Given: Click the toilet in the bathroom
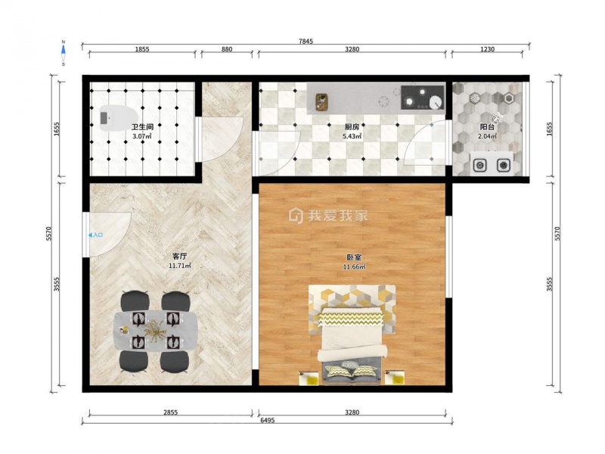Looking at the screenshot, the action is click(x=119, y=117).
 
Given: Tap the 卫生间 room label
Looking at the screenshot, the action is click(x=142, y=127).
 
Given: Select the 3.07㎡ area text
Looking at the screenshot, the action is click(x=142, y=136).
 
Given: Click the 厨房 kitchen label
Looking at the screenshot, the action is click(x=352, y=127).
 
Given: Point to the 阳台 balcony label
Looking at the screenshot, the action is click(x=487, y=127).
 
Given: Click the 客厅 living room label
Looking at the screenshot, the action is click(x=180, y=257).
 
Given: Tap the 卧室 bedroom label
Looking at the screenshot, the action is click(x=354, y=257).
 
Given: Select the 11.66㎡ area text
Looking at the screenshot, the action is click(x=354, y=267).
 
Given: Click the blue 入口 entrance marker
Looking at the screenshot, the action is click(x=96, y=235).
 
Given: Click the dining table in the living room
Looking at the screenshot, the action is click(x=156, y=331).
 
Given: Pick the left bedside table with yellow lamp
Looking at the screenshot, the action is click(x=309, y=378).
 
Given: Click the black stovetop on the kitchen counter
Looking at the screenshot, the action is click(x=423, y=98).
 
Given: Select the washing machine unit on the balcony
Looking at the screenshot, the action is click(x=492, y=163).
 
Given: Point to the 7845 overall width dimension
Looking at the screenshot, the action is click(x=306, y=42).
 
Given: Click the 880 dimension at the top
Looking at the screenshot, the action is click(x=227, y=49).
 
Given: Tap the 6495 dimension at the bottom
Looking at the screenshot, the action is click(x=267, y=421).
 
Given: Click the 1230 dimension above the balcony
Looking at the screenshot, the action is click(x=487, y=49).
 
